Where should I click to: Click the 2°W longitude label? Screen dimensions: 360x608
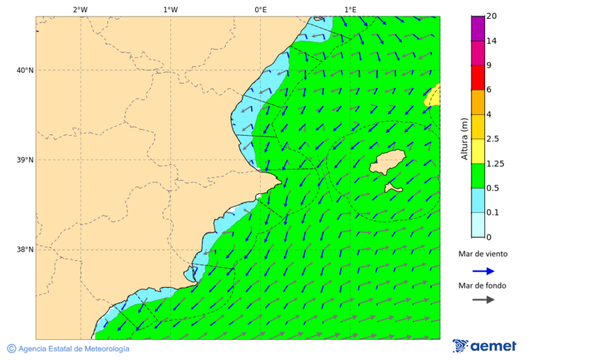tap(80, 9)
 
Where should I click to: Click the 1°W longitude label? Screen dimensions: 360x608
tap(170, 9)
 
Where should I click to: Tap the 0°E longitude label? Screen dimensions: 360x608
tap(260, 9)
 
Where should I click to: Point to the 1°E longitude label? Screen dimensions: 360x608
tap(351, 9)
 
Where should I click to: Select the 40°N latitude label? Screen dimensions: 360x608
tap(25, 70)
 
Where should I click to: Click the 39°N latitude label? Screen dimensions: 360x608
tap(25, 160)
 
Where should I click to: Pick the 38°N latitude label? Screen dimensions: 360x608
tap(25, 250)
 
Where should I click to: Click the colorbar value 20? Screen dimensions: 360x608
tap(491, 16)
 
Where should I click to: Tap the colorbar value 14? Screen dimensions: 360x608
tap(491, 41)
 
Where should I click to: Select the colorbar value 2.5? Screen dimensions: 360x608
tap(492, 139)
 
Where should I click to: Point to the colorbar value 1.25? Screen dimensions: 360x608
tap(495, 163)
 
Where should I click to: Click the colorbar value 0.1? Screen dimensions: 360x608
tap(492, 213)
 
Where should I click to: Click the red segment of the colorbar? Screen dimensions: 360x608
tap(478, 78)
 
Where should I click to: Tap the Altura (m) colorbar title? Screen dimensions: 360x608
tap(464, 139)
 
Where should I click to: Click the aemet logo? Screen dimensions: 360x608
tap(484, 346)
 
